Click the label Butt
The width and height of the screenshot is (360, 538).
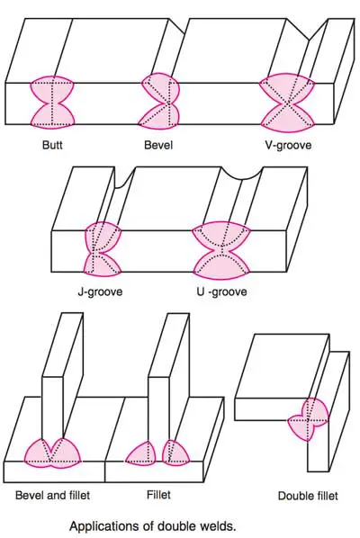point(52,145)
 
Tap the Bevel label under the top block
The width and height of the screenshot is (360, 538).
point(158,145)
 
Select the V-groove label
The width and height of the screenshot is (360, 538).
point(288,145)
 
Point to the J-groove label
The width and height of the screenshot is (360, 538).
point(100,291)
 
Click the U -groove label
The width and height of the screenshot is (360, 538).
point(221,291)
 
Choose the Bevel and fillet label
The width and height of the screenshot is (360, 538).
point(52,495)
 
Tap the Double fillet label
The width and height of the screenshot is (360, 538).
point(308,496)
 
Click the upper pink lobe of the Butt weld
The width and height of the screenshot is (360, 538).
point(52,88)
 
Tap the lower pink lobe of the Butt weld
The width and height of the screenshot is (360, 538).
point(52,116)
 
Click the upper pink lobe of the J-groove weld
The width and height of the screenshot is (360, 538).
point(103,237)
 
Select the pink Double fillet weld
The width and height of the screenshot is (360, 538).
point(309,418)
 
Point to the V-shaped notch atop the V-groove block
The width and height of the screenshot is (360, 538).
point(308,32)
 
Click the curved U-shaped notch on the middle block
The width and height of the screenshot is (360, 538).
point(242,174)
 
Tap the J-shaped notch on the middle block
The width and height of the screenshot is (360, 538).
point(123,180)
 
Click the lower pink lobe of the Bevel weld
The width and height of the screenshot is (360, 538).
point(159,117)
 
